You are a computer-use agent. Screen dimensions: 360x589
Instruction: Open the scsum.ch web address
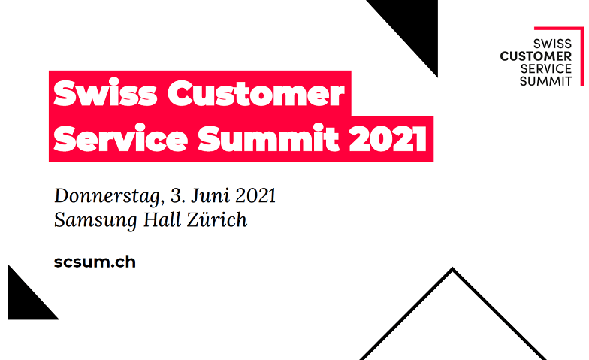click(x=95, y=262)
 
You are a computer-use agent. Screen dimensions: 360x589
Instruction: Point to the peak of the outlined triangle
click(x=452, y=270)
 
